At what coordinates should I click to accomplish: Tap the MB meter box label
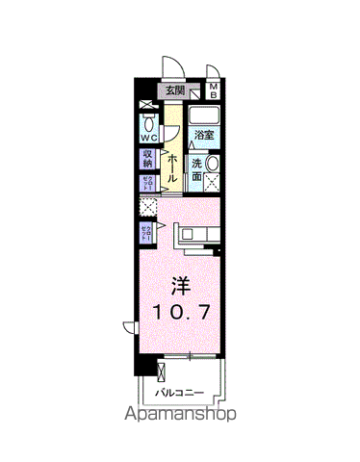pyautogui.click(x=215, y=92)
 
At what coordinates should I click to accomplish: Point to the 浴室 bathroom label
pyautogui.click(x=204, y=137)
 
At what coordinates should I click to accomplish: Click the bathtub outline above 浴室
pyautogui.click(x=204, y=117)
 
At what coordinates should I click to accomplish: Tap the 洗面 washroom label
pyautogui.click(x=195, y=171)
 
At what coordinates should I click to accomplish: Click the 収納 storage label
pyautogui.click(x=148, y=158)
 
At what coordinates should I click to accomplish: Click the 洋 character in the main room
pyautogui.click(x=179, y=285)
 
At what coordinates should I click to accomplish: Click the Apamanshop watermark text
pyautogui.click(x=179, y=417)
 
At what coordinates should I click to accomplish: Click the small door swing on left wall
pyautogui.click(x=129, y=327)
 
